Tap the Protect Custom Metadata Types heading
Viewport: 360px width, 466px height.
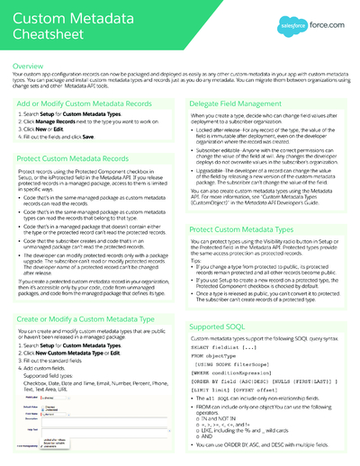point(243,230)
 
